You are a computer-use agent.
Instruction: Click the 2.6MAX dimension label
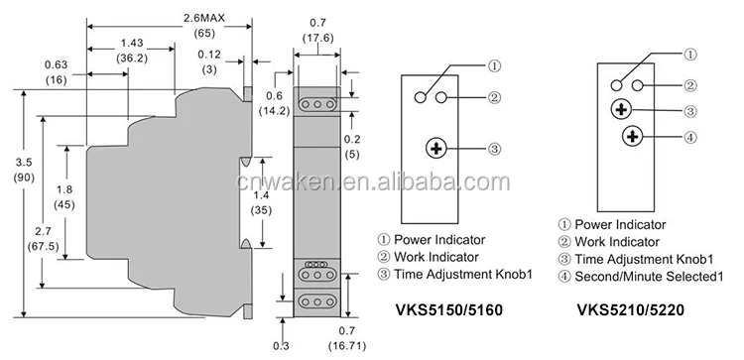tap(204, 18)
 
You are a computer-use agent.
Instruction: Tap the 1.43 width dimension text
tap(132, 43)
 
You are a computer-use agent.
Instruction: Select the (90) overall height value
tap(24, 180)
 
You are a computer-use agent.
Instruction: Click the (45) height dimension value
tap(64, 205)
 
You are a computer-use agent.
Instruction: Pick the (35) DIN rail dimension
tap(261, 210)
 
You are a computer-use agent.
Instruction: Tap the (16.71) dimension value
tap(347, 346)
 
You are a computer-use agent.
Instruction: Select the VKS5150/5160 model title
tap(448, 309)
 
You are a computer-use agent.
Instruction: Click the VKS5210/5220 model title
tap(631, 309)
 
